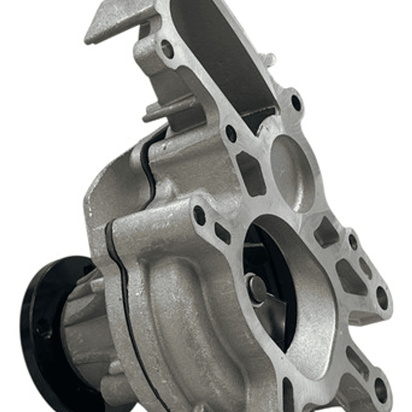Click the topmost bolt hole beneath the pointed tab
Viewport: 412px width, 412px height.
(167, 49)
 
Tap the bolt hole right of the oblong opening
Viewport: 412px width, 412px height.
(296, 103)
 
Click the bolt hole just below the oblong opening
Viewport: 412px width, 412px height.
(231, 134)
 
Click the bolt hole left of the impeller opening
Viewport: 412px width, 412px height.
(199, 215)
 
